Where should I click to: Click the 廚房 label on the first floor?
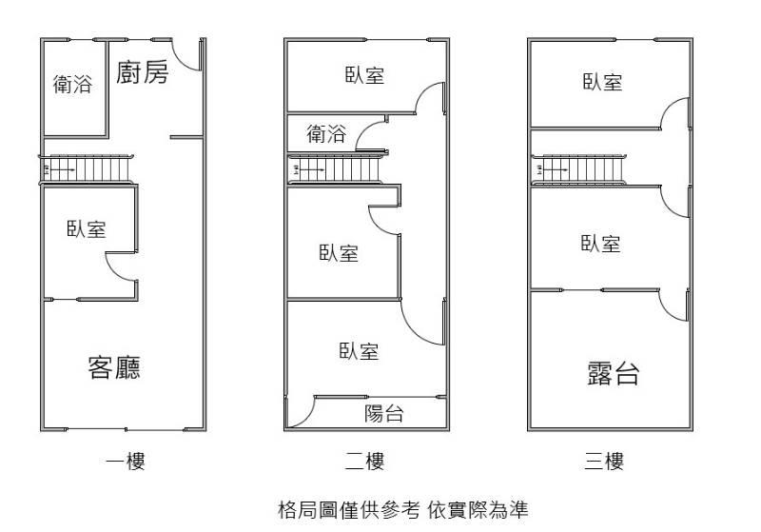coord(143,73)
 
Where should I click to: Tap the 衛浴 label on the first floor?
coord(72,85)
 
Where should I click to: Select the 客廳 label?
coord(114,366)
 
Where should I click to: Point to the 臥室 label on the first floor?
coord(86,229)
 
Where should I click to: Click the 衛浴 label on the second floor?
coord(326,134)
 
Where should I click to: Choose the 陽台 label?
coord(384,413)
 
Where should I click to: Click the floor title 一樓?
coord(125,463)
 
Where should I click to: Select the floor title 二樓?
coord(364,463)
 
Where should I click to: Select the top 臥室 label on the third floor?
coord(602,83)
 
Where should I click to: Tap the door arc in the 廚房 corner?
coord(188,55)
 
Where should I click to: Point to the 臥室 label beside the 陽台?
coord(359,351)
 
